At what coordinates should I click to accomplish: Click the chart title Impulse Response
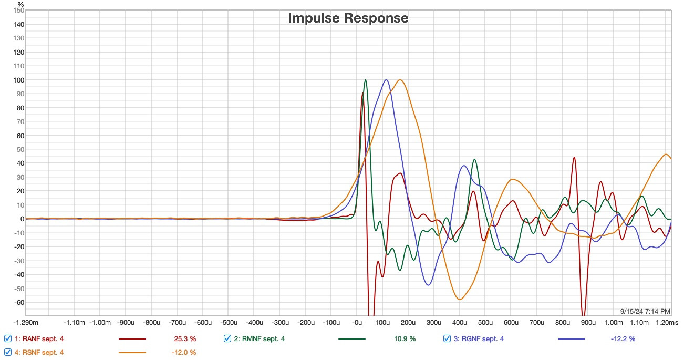click(x=348, y=18)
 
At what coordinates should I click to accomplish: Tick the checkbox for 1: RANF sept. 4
click(x=8, y=338)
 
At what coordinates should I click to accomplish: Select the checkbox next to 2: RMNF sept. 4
click(x=227, y=338)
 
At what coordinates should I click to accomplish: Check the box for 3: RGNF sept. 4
click(x=447, y=338)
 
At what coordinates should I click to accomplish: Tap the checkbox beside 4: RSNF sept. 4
click(x=8, y=352)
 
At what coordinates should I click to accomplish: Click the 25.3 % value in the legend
click(x=185, y=338)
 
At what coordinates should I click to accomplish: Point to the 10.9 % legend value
click(x=405, y=338)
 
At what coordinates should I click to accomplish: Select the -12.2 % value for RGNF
click(x=623, y=338)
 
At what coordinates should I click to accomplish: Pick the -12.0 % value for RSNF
click(x=184, y=352)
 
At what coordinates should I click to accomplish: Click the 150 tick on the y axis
click(x=18, y=11)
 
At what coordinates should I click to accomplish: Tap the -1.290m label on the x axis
click(x=26, y=322)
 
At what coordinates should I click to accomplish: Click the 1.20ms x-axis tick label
click(x=667, y=322)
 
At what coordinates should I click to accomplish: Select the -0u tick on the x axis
click(x=357, y=322)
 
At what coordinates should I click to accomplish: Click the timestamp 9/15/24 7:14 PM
click(x=645, y=311)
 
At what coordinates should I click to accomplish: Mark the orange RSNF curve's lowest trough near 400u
click(x=460, y=299)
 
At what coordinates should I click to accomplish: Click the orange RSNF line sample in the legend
click(x=132, y=353)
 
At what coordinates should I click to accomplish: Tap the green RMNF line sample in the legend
click(x=352, y=339)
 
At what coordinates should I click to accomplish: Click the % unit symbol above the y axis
click(x=20, y=4)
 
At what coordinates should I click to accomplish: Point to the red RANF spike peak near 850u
click(x=574, y=158)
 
